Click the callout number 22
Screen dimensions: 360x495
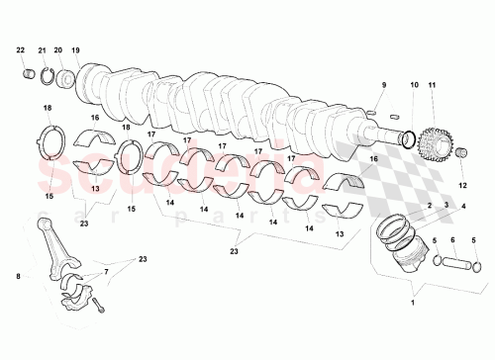21,49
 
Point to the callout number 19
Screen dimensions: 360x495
75,49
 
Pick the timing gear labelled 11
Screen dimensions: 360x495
433,143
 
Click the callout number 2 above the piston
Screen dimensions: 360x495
430,206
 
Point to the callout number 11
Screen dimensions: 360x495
431,86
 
